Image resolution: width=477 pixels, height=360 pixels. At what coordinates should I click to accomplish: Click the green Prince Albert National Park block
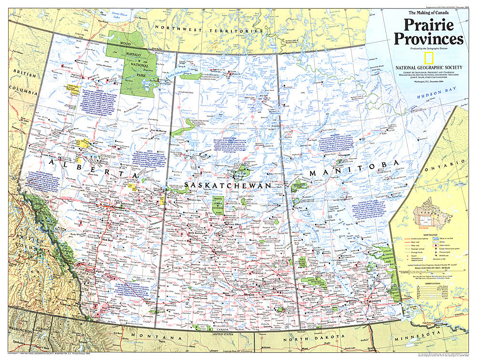point(218,208)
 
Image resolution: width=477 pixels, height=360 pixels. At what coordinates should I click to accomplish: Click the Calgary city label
point(86,273)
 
